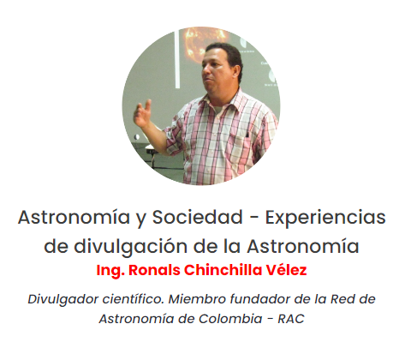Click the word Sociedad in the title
point(197,217)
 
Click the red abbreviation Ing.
point(110,271)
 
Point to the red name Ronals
point(154,270)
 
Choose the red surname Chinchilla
point(223,270)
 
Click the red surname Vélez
point(286,270)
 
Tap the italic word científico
point(133,299)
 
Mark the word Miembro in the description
point(197,299)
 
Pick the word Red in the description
point(342,299)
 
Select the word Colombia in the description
point(230,319)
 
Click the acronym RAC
point(291,319)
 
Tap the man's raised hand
point(143,113)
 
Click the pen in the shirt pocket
point(247,134)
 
